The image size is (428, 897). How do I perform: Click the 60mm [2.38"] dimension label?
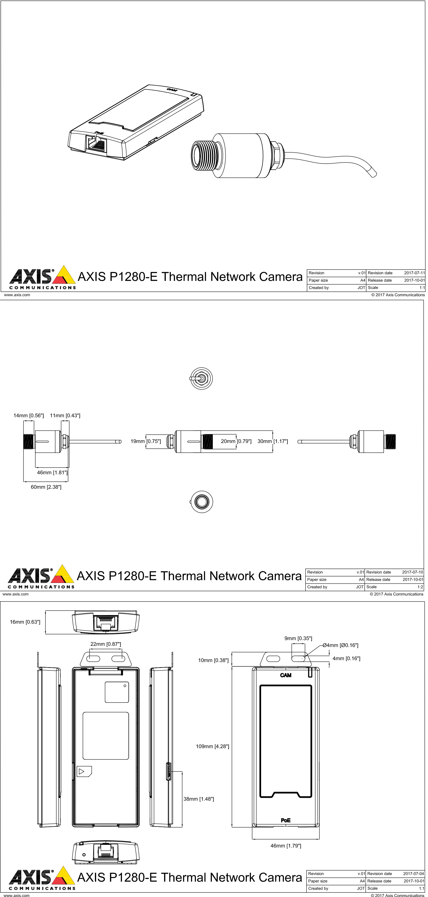click(x=46, y=487)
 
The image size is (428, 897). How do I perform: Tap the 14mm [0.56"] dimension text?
click(x=29, y=416)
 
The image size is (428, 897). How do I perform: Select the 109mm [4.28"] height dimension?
click(x=212, y=746)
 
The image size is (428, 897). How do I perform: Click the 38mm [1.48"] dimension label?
click(x=198, y=799)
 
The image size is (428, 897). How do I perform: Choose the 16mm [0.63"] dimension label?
click(x=25, y=622)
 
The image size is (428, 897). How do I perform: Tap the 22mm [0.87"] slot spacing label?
click(x=105, y=644)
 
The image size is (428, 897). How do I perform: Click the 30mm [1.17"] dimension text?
click(x=272, y=441)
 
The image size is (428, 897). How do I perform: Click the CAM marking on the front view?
click(x=286, y=675)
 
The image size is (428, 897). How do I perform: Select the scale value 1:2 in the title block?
click(x=420, y=587)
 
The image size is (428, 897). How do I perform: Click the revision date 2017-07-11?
click(x=414, y=273)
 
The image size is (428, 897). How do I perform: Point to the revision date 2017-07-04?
click(x=413, y=873)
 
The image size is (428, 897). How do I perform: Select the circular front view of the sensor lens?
click(x=201, y=502)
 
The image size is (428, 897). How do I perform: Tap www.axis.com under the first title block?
click(x=17, y=295)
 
